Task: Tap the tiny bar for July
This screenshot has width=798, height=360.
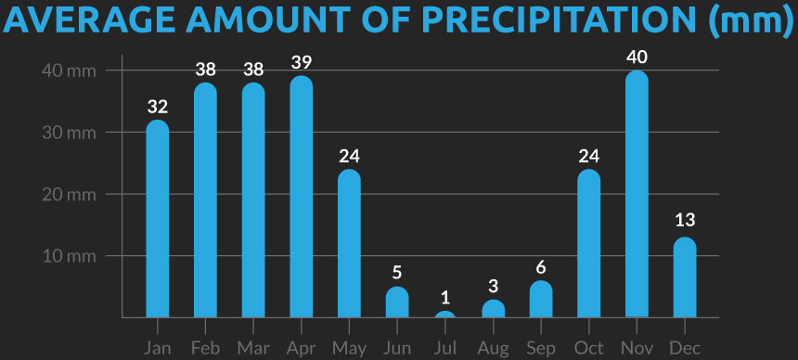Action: (445, 315)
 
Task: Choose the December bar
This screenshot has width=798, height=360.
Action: (684, 277)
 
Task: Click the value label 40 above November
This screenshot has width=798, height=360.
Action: (637, 58)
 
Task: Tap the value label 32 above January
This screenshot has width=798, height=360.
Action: (158, 107)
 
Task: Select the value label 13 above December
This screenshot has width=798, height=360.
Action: (684, 221)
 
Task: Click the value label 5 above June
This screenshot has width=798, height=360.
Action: (397, 273)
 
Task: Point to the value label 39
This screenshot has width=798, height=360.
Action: (301, 63)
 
